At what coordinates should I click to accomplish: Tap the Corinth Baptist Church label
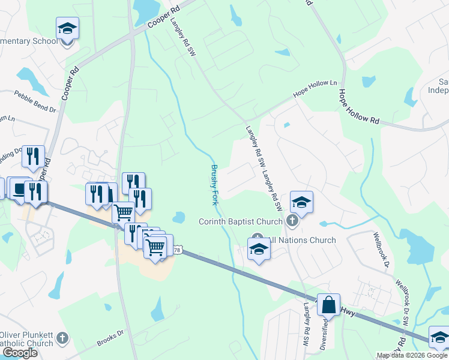[x=240, y=222]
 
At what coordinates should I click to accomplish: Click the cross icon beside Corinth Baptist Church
[x=292, y=222]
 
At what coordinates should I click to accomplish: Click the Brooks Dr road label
[x=110, y=339]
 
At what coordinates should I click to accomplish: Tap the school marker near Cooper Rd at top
[x=68, y=28]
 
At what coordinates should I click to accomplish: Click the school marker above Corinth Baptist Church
[x=302, y=202]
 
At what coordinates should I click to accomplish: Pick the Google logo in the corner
[x=19, y=353]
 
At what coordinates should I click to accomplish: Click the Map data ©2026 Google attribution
[x=412, y=355]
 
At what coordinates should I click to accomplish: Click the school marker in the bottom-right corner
[x=439, y=337]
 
